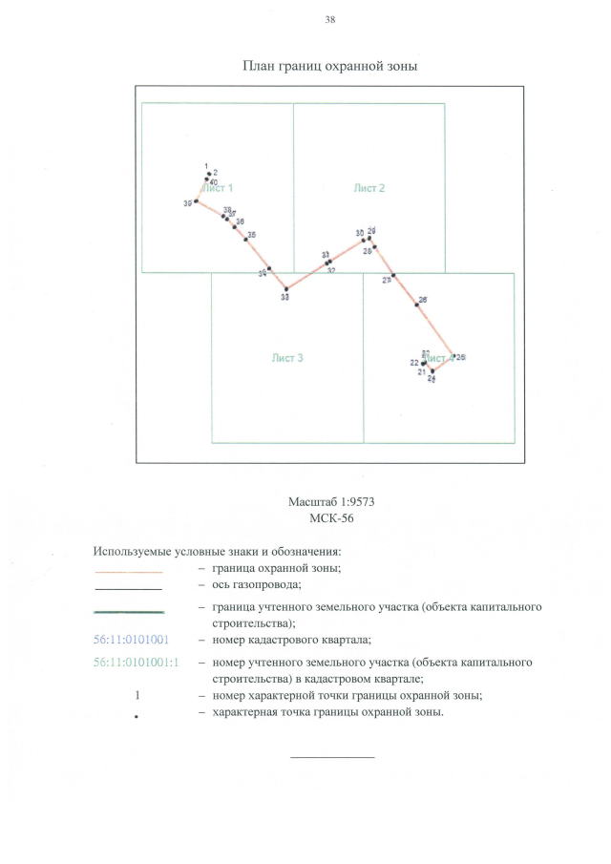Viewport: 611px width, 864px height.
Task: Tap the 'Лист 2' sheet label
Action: [369, 188]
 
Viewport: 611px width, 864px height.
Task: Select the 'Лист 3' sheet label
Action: [286, 358]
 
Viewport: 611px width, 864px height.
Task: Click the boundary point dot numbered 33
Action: [284, 289]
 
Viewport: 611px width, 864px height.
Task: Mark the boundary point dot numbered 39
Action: [196, 201]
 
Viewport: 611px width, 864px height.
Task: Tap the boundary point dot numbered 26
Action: [417, 305]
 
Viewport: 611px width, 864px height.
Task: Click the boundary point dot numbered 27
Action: [392, 275]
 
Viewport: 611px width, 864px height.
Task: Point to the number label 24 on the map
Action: [432, 379]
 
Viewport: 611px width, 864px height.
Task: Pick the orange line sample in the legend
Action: [129, 570]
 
